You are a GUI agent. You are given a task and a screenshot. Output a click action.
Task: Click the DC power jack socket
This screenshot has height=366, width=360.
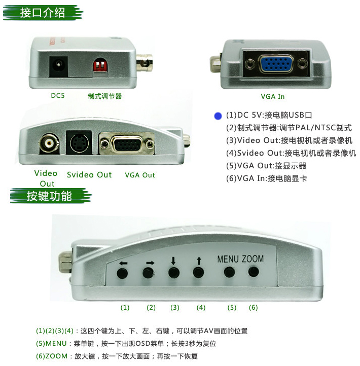click(58, 65)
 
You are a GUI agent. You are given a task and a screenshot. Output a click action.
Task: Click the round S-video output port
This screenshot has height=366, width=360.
click(80, 142)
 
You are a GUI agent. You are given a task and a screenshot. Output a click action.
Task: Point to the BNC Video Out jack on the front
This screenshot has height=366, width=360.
click(49, 142)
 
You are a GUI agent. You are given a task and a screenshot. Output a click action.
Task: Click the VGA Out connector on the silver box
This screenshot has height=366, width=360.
click(127, 143)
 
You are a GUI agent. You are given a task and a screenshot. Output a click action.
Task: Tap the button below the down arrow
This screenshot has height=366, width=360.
click(174, 273)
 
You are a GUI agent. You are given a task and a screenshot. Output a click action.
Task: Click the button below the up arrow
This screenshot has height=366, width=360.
click(198, 272)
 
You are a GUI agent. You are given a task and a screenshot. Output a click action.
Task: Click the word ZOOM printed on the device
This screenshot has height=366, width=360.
click(253, 259)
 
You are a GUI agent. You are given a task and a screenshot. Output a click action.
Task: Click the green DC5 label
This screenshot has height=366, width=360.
click(58, 96)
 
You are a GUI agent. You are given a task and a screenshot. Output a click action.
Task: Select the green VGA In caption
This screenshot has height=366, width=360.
click(273, 97)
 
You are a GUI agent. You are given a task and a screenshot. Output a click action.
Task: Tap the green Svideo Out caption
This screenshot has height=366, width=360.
click(89, 175)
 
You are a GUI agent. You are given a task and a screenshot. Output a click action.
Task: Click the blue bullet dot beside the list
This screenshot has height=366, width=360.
click(218, 116)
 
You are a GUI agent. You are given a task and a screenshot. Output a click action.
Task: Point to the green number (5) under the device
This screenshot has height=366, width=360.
click(232, 308)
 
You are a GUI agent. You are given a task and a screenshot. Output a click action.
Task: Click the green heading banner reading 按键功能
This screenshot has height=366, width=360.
click(50, 196)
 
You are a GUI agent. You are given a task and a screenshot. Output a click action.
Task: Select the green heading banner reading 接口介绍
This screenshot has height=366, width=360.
click(43, 13)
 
